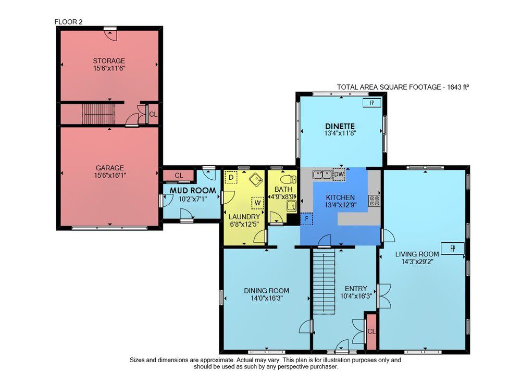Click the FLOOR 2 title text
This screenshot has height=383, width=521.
[68, 22]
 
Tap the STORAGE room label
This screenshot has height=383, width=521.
[109, 61]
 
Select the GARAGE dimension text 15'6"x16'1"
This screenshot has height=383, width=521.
[110, 175]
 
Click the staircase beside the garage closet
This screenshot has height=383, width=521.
[98, 114]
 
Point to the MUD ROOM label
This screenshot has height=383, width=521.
[193, 191]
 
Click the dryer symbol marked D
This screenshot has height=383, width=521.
[231, 177]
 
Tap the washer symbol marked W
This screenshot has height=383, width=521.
[257, 203]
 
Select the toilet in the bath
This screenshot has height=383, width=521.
[288, 180]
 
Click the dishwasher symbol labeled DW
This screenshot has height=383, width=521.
[339, 174]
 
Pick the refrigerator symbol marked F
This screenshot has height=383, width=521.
[307, 219]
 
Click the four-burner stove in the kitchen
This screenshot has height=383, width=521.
[375, 200]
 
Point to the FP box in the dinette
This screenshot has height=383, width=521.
[372, 103]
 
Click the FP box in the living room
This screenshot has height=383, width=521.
[453, 249]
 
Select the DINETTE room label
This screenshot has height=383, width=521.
[340, 126]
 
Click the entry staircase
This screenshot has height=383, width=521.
[324, 283]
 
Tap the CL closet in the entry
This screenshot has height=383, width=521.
[371, 331]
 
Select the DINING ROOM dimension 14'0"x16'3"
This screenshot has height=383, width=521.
[267, 298]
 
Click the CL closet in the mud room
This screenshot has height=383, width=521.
[179, 175]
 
